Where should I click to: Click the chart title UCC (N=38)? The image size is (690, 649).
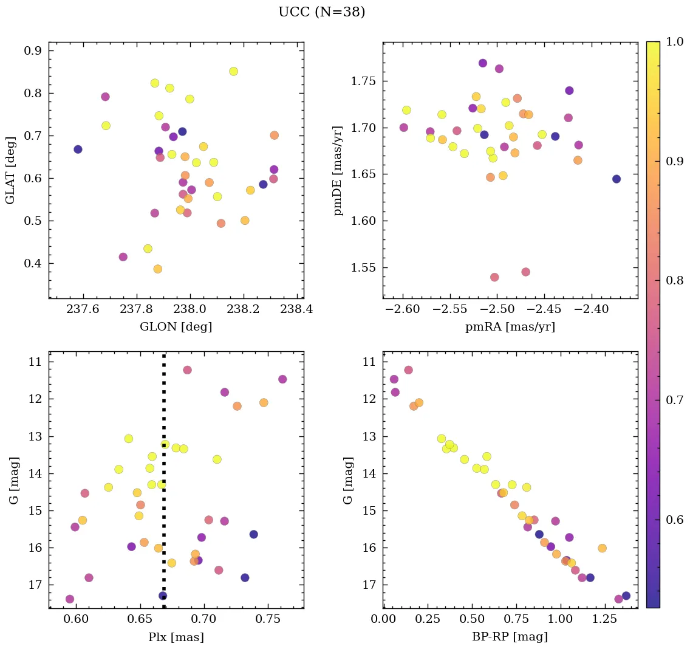point(321,13)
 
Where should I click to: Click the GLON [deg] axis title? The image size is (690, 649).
point(176,327)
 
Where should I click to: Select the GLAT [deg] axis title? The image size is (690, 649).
point(10,170)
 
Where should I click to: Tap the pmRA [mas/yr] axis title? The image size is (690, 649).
point(510,327)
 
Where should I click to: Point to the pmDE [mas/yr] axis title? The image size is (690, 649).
point(338,170)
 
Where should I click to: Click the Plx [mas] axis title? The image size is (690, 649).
point(176,637)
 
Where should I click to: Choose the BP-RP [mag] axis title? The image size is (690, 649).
point(510,637)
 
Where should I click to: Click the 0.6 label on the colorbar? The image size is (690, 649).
point(675,520)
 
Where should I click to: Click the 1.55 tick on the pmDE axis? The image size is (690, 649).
point(362,267)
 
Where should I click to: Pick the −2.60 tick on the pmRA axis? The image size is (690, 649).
point(402,309)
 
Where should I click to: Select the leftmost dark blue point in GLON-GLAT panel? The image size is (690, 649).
point(78,149)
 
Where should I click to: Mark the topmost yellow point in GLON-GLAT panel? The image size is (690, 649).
point(233,71)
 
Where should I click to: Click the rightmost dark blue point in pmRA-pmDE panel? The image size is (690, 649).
point(617,179)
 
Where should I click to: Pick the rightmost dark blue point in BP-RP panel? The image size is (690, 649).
point(626,596)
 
